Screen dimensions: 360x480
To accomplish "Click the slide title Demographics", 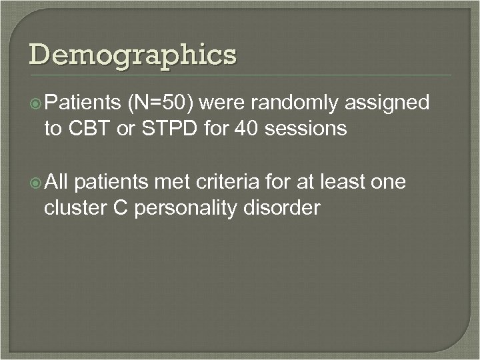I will coord(132,55).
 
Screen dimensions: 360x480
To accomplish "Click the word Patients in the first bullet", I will coord(81,103).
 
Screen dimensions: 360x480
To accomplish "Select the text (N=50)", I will coord(159,103).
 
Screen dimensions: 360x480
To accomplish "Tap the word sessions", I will coord(308,128).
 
